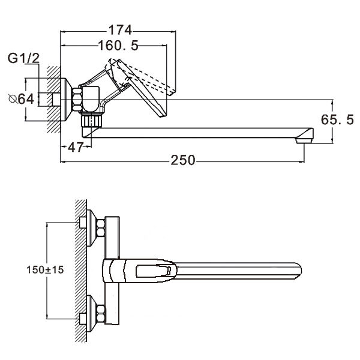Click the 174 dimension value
120,30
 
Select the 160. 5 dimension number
118,46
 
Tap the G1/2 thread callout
23,58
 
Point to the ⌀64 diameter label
21,99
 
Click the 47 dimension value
76,147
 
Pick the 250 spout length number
183,160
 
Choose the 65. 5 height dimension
337,119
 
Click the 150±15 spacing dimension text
45,270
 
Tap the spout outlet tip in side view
305,140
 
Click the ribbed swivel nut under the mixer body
91,121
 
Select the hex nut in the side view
77,100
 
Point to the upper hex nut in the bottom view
101,228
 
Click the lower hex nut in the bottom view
101,313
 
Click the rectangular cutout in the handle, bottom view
154,271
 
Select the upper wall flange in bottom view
91,228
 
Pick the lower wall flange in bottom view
91,314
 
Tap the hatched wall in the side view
54,100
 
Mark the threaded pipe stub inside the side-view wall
56,100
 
